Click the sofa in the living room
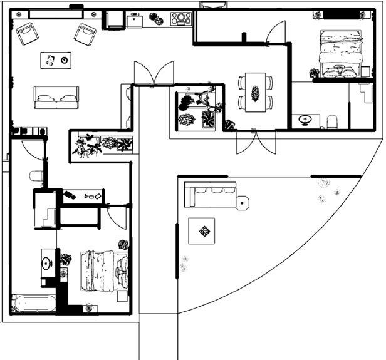point(56,96)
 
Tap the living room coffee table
point(55,60)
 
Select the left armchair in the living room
point(27,34)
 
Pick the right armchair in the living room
point(85,33)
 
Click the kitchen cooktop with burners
point(181,19)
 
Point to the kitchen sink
point(137,21)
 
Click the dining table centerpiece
point(256,93)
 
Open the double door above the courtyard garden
point(154,73)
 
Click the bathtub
point(33,304)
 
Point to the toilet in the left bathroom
point(36,177)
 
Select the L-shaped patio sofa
point(209,193)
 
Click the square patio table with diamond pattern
point(205,231)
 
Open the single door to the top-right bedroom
point(276,34)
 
